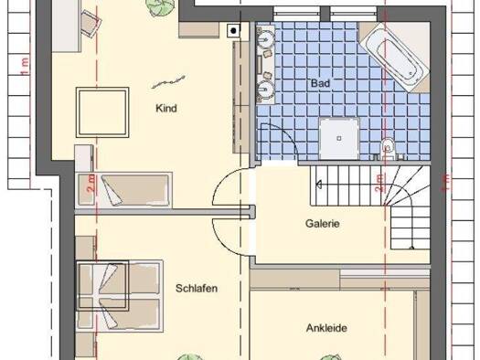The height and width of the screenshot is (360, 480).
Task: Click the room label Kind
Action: point(166,109)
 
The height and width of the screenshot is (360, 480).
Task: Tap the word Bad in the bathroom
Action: point(321,83)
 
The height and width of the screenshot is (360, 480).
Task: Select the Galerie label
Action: point(323,224)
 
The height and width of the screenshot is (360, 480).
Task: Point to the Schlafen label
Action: point(197,288)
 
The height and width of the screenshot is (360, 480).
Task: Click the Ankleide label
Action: point(326,328)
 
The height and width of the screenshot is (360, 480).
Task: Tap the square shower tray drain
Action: point(339,138)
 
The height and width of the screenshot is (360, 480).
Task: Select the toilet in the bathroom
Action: point(389,149)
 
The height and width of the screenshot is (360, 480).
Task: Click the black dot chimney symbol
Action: point(233,30)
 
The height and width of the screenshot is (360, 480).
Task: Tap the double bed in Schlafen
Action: point(120,295)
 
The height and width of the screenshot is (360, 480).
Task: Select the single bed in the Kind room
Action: point(123,190)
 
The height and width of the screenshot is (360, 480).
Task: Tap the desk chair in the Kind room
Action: point(90,22)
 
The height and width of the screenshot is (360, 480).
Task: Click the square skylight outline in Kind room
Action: point(102,112)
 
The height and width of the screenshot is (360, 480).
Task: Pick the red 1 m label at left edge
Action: point(25,67)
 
